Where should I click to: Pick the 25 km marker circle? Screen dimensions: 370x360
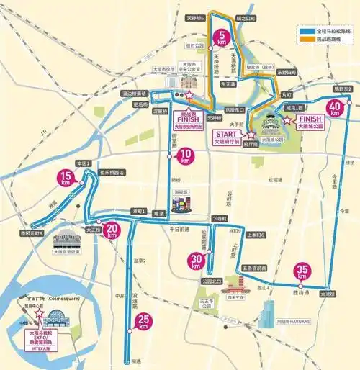point(145,323)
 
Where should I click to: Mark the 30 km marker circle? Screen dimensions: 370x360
point(195,261)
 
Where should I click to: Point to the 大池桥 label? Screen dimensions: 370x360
point(329,294)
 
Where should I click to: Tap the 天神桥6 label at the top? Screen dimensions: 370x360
point(197,18)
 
